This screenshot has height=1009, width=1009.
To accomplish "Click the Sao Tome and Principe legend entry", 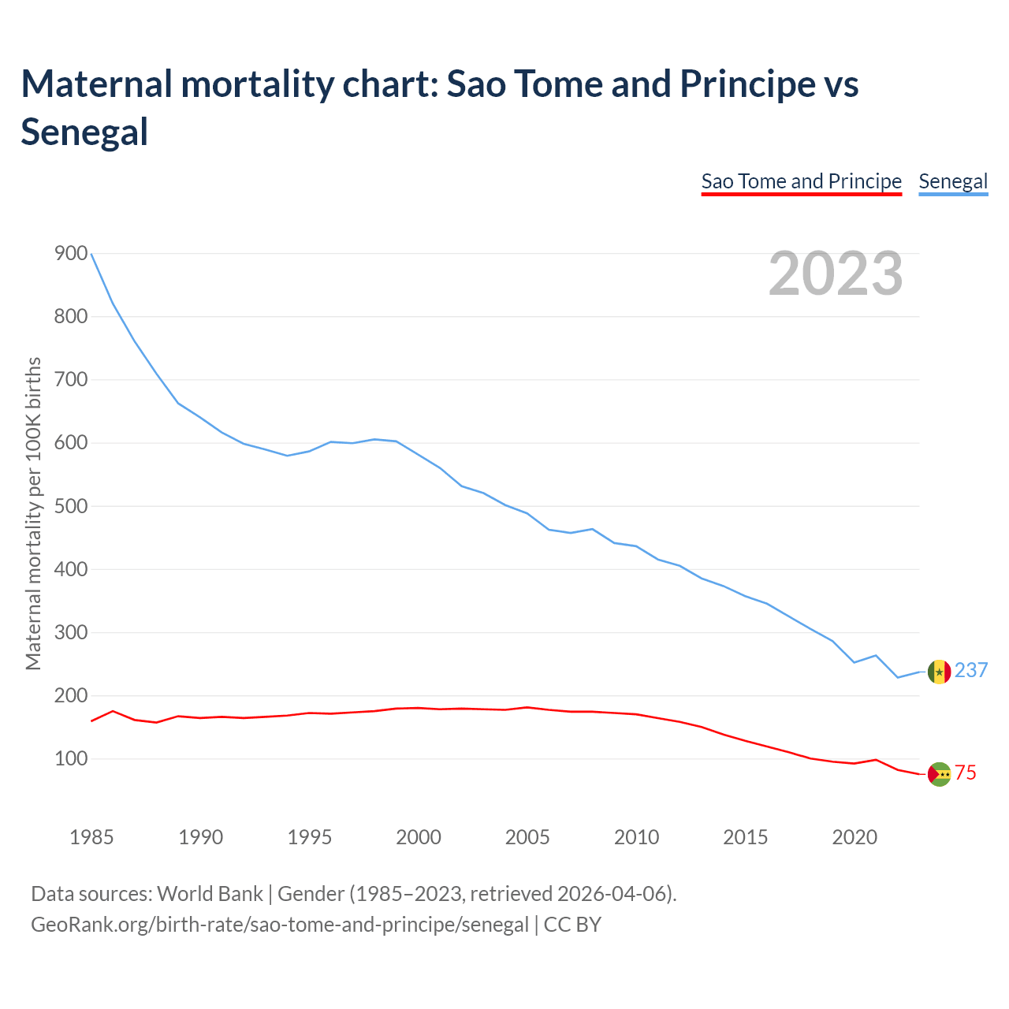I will (x=801, y=181).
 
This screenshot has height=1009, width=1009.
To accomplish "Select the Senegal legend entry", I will (x=953, y=181).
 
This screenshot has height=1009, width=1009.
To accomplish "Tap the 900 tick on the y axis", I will (x=71, y=253).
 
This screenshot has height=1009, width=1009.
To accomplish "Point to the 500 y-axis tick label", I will (x=71, y=506).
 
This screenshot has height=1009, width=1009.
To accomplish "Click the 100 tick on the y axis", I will (x=71, y=758).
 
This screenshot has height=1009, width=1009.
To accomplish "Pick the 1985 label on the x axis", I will (x=91, y=837).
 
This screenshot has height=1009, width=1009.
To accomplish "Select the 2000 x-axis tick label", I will (x=419, y=837).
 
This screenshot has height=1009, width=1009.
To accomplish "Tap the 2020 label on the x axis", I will (x=854, y=837).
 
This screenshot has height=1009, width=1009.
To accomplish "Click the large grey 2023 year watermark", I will (x=836, y=274).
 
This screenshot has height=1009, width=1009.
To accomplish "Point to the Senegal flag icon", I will (x=939, y=672).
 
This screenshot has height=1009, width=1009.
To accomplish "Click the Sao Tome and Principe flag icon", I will (x=939, y=774).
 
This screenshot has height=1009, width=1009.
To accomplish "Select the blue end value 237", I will (x=971, y=670).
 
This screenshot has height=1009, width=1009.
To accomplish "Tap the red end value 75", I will (x=966, y=773).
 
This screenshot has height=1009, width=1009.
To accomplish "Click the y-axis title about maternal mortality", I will (x=33, y=514).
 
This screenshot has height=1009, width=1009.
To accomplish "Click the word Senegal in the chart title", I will (x=84, y=132).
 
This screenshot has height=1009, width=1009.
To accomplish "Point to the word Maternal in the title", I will (x=96, y=84).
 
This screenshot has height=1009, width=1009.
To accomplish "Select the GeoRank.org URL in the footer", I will (x=280, y=925).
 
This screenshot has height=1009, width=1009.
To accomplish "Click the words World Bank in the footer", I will (x=210, y=894).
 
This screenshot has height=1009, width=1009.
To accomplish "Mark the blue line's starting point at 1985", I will (x=91, y=254).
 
